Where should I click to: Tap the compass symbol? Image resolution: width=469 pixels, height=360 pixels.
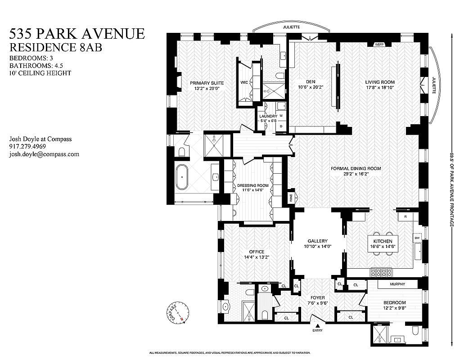tap(176, 311)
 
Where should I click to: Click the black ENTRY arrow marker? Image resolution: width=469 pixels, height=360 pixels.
tap(318, 325)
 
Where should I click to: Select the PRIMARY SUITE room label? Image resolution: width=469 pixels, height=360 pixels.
tap(207, 83)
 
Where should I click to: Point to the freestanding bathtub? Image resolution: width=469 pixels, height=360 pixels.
tap(182, 177)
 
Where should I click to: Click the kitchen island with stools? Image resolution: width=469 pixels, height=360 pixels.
tap(383, 244)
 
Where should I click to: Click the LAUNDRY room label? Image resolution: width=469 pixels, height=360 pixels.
tap(268, 116)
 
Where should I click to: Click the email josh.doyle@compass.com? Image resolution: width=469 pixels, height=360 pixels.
tap(44, 154)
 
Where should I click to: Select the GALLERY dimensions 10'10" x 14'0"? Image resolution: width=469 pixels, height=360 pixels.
tap(317, 246)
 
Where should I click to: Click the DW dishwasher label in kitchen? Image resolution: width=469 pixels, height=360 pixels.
tap(417, 238)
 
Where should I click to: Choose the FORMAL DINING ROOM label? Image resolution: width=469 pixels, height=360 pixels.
tap(356, 169)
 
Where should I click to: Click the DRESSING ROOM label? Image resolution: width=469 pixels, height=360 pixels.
tap(253, 185)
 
